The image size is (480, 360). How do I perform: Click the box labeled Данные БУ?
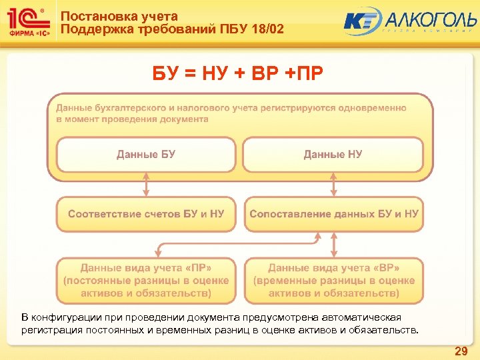click(146, 155)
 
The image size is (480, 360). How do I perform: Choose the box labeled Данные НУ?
click(333, 155)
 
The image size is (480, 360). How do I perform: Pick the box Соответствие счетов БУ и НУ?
click(146, 214)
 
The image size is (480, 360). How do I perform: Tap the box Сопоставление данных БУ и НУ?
click(334, 214)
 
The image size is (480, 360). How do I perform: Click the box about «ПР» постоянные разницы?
click(146, 280)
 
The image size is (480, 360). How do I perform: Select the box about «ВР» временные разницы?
click(334, 280)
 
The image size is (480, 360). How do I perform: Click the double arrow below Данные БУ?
click(146, 184)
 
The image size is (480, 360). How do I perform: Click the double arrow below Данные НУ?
click(334, 184)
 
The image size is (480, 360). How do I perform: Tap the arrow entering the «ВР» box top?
click(334, 253)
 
